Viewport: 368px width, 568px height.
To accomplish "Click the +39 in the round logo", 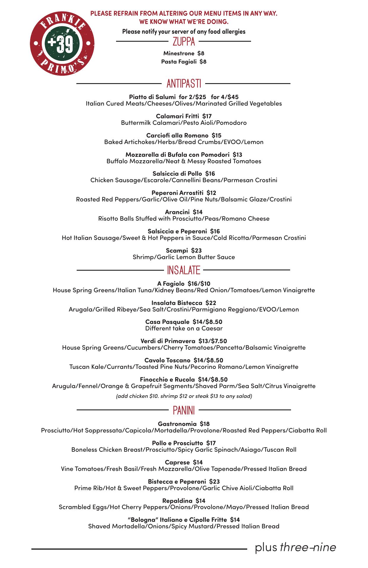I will tap(62, 43).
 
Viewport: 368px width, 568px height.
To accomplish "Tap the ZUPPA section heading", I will tap(184, 42).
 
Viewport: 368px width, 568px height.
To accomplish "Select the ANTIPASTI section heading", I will tap(184, 84).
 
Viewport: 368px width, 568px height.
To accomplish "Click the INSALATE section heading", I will tap(184, 270).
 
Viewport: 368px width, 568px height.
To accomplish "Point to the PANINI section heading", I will tap(184, 410).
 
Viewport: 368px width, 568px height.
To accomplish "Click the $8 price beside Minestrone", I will tap(201, 53).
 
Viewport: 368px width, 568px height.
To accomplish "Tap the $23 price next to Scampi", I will tap(196, 250).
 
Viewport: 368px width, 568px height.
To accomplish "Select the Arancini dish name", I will tap(177, 212).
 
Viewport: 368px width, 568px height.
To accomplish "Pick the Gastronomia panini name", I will tap(177, 424).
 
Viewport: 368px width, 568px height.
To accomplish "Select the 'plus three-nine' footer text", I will tap(295, 547).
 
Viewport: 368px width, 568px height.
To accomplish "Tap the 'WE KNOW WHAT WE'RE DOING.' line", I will tap(184, 22).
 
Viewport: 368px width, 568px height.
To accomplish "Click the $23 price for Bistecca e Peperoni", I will tap(214, 481).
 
